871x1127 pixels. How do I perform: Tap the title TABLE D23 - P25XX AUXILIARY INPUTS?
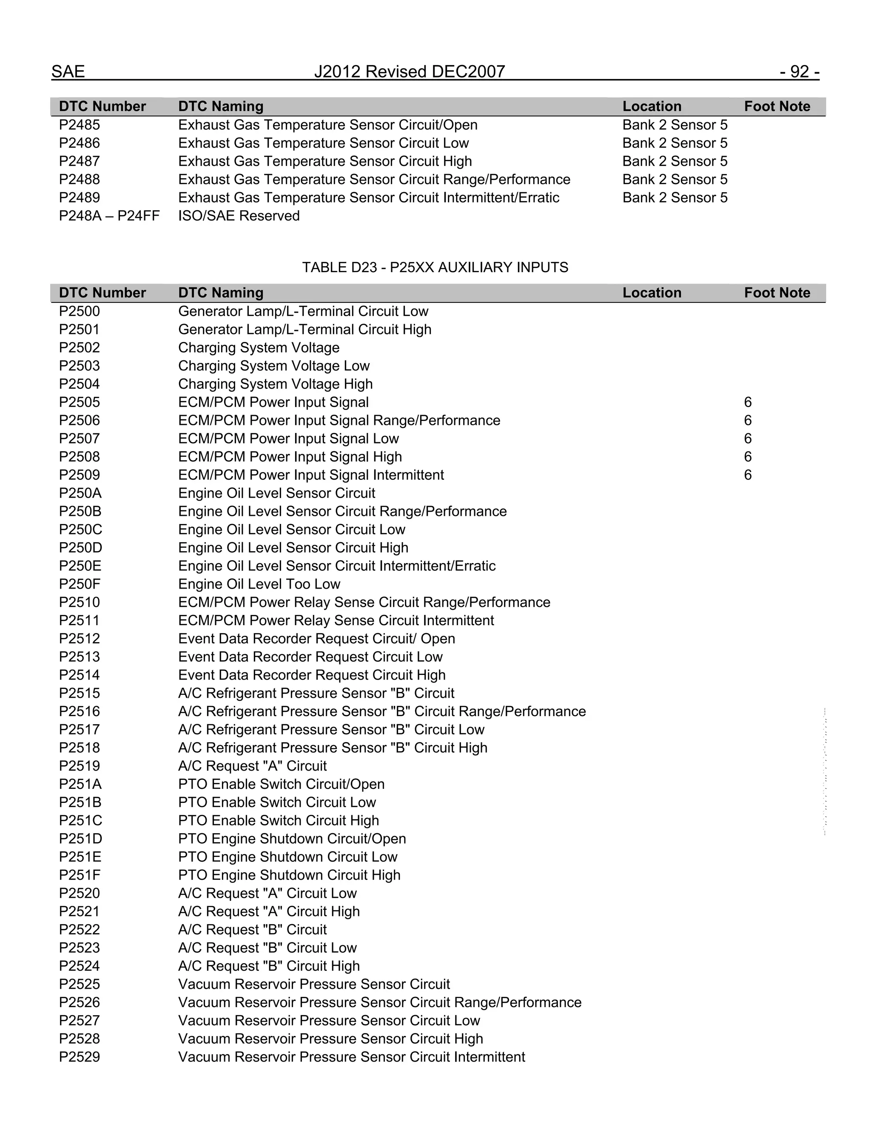(435, 268)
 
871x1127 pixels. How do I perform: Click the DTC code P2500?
(80, 311)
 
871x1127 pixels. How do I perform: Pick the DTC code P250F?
(80, 584)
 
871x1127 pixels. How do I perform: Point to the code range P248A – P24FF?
(109, 216)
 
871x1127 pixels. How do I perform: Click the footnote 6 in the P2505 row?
(748, 402)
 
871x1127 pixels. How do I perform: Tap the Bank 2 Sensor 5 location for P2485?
(675, 125)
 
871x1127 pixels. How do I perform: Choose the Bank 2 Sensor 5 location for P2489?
(675, 198)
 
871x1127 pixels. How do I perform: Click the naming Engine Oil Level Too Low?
(259, 584)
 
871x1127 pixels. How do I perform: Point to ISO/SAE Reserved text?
(239, 216)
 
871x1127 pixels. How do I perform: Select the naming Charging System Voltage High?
(276, 384)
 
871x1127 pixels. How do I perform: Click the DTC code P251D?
(80, 839)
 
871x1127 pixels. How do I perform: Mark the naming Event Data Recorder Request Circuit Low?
(310, 657)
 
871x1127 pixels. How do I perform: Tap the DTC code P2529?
(80, 1057)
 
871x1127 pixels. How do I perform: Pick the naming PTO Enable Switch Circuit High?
(279, 820)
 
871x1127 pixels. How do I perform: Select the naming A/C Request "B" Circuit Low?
(267, 948)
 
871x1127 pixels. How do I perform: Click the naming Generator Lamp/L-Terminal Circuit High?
(305, 329)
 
